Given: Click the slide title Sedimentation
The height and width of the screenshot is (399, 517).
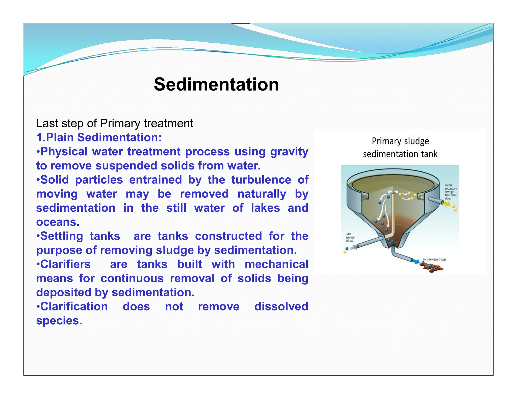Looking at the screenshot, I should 216,84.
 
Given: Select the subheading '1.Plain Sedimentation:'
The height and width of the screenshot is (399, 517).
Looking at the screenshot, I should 99,138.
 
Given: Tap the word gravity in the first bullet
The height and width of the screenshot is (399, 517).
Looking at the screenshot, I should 289,152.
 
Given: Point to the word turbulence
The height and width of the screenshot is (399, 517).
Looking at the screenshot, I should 261,180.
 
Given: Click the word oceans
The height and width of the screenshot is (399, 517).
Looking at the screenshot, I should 58,222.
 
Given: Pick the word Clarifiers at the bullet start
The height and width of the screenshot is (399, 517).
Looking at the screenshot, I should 65,265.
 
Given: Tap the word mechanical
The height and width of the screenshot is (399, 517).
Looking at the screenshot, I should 276,265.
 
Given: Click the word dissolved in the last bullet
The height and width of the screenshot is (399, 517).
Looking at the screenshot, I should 281,307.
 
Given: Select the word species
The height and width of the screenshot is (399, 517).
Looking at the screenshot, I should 59,321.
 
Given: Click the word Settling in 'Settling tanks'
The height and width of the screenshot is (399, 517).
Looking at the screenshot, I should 61,236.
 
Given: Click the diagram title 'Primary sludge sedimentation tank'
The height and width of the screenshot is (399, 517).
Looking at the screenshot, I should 400,148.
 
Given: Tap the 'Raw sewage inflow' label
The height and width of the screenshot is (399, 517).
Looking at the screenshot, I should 350,237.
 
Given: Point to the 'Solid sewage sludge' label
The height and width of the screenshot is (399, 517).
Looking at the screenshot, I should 434,259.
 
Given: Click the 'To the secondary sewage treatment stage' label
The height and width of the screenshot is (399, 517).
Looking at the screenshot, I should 451,192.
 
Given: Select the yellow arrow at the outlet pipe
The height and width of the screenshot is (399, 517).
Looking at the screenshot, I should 447,204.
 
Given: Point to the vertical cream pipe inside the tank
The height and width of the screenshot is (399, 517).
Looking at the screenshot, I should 392,214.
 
